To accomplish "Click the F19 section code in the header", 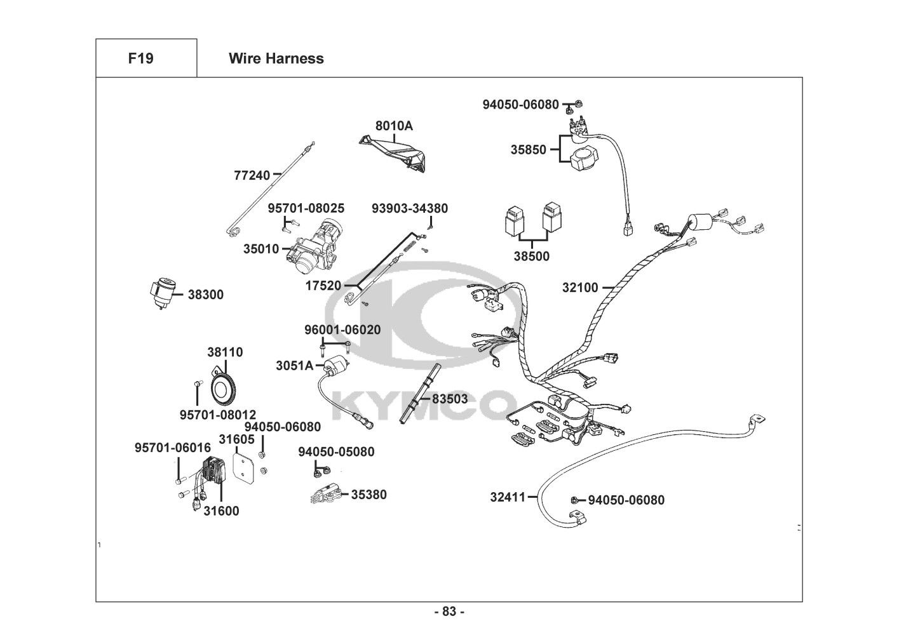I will pyautogui.click(x=140, y=58).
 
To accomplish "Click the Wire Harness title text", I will pyautogui.click(x=276, y=58).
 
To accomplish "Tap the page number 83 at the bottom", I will pyautogui.click(x=449, y=612).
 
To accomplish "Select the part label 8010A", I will pyautogui.click(x=394, y=126).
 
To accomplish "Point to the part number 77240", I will pyautogui.click(x=252, y=175).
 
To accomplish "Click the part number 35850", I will pyautogui.click(x=528, y=150).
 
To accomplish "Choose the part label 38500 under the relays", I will pyautogui.click(x=532, y=257).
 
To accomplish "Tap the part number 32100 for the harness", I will pyautogui.click(x=580, y=288).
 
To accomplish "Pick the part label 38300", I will pyautogui.click(x=205, y=295).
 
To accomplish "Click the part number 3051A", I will pyautogui.click(x=294, y=365).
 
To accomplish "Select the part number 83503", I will pyautogui.click(x=450, y=399).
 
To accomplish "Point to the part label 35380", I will pyautogui.click(x=368, y=494).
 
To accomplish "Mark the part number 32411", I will pyautogui.click(x=508, y=497).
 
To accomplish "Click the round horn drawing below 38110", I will pyautogui.click(x=223, y=387).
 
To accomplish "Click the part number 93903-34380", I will pyautogui.click(x=410, y=208).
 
